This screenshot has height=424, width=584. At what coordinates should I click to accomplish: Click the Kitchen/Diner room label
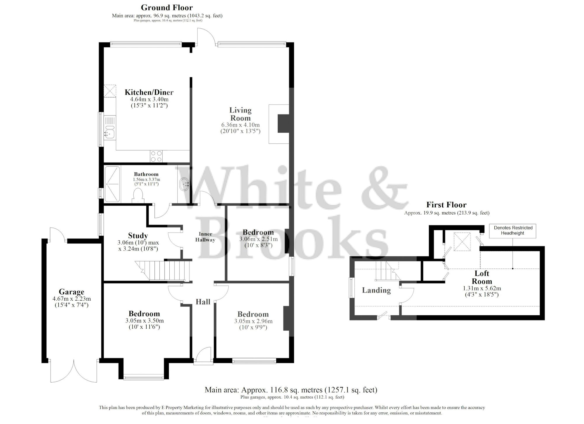click(149, 92)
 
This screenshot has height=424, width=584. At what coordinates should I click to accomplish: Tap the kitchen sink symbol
click(110, 133)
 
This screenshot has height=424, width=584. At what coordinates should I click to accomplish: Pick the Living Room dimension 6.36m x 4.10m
click(240, 125)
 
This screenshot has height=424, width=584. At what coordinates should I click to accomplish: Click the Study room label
click(138, 235)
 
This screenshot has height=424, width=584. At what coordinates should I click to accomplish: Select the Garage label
click(72, 292)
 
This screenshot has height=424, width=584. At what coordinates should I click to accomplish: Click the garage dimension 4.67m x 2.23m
click(72, 299)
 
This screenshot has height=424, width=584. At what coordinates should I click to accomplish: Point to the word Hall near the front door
click(203, 302)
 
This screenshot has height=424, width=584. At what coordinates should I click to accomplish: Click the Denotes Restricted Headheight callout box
click(513, 230)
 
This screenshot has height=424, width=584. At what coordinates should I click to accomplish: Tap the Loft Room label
click(482, 277)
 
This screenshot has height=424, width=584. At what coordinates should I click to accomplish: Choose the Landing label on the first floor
click(376, 290)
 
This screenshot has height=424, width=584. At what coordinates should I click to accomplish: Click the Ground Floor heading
click(167, 7)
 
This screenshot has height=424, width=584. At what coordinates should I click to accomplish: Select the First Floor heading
click(446, 205)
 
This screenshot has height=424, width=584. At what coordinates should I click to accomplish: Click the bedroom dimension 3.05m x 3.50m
click(144, 320)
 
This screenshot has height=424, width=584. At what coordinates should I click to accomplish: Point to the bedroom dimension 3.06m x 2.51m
click(258, 239)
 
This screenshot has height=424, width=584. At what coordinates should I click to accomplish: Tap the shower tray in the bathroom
click(112, 184)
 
